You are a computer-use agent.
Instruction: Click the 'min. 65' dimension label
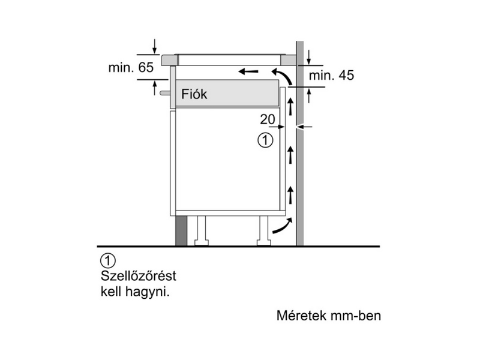131,68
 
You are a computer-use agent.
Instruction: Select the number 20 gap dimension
268,119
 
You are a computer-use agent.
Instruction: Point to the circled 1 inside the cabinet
265,140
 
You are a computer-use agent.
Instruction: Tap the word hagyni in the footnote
148,293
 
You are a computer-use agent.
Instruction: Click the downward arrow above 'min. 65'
155,45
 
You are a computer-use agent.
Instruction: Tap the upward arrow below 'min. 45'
309,94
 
